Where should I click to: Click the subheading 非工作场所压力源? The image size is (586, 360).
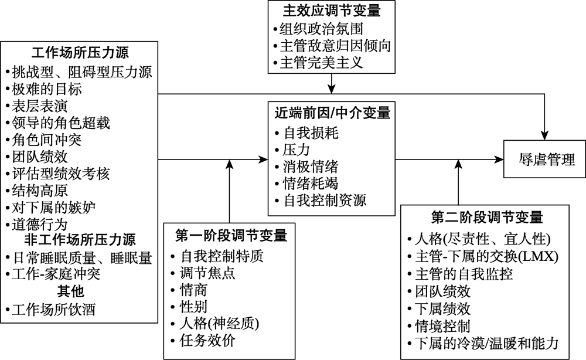(x=80, y=241)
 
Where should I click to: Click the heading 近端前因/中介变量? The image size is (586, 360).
(x=332, y=111)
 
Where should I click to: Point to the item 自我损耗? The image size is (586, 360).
(x=311, y=133)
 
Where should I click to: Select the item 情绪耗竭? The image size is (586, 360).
(x=311, y=184)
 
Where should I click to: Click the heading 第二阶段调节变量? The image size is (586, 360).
(x=486, y=217)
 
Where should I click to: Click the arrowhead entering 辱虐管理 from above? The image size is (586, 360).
(x=547, y=136)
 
